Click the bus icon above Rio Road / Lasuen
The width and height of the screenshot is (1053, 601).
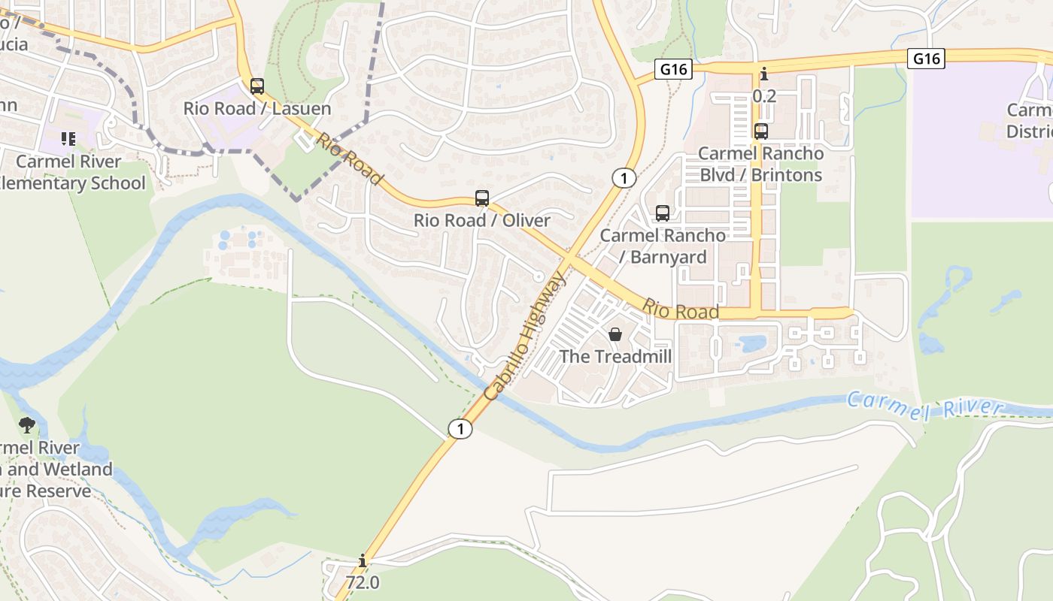coord(257,86)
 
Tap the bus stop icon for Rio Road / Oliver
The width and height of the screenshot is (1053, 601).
coord(482,198)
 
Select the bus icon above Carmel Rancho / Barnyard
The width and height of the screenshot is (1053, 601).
coord(662,213)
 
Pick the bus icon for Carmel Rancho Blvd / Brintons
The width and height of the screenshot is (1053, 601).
coord(761,131)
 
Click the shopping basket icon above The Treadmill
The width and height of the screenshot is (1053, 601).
coord(615,334)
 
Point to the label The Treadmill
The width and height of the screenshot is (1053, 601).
coord(615,356)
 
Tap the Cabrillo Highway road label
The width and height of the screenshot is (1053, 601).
coord(525,337)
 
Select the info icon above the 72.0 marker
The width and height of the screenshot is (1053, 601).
coord(363,560)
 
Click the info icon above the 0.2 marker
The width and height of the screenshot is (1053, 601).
coord(764,74)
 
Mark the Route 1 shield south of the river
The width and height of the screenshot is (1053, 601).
coord(460,429)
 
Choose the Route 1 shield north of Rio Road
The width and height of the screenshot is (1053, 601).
coord(624,178)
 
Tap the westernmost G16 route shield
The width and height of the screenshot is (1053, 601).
coord(673,69)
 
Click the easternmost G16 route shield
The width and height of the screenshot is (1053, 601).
coord(925,58)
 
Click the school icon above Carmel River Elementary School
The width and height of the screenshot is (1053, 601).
coord(68,139)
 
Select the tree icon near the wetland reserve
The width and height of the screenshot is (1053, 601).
coord(27,425)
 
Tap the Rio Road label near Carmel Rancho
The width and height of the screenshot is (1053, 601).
coord(680,309)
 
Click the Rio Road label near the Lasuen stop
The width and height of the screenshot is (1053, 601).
coord(349,159)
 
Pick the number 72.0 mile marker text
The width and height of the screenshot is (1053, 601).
coord(363,582)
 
